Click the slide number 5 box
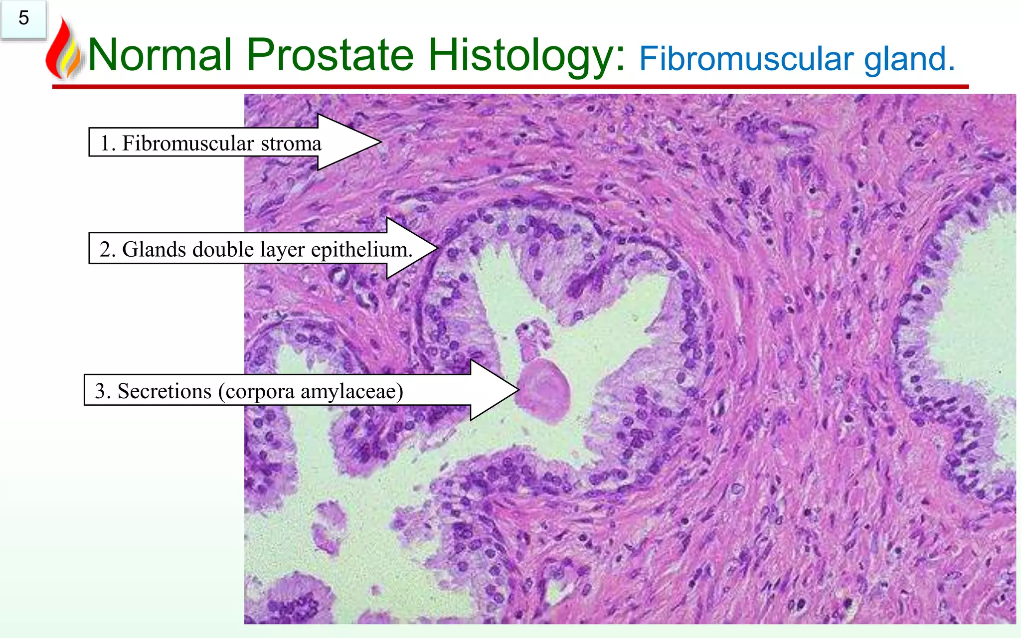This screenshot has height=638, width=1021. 23,19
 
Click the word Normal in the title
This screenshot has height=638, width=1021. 160,55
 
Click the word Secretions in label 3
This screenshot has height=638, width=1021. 164,391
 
